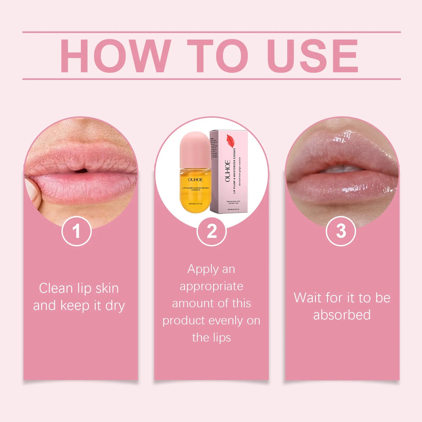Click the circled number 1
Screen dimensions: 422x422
[77, 231]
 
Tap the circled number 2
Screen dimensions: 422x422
[211, 231]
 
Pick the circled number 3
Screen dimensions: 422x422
[341, 231]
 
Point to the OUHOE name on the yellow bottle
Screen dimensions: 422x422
[195, 180]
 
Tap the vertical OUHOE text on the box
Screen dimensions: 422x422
[228, 171]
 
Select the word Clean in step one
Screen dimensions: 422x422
[56, 288]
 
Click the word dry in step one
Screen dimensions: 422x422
[115, 305]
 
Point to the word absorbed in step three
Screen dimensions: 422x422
[342, 315]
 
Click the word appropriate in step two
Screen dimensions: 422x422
[211, 286]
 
